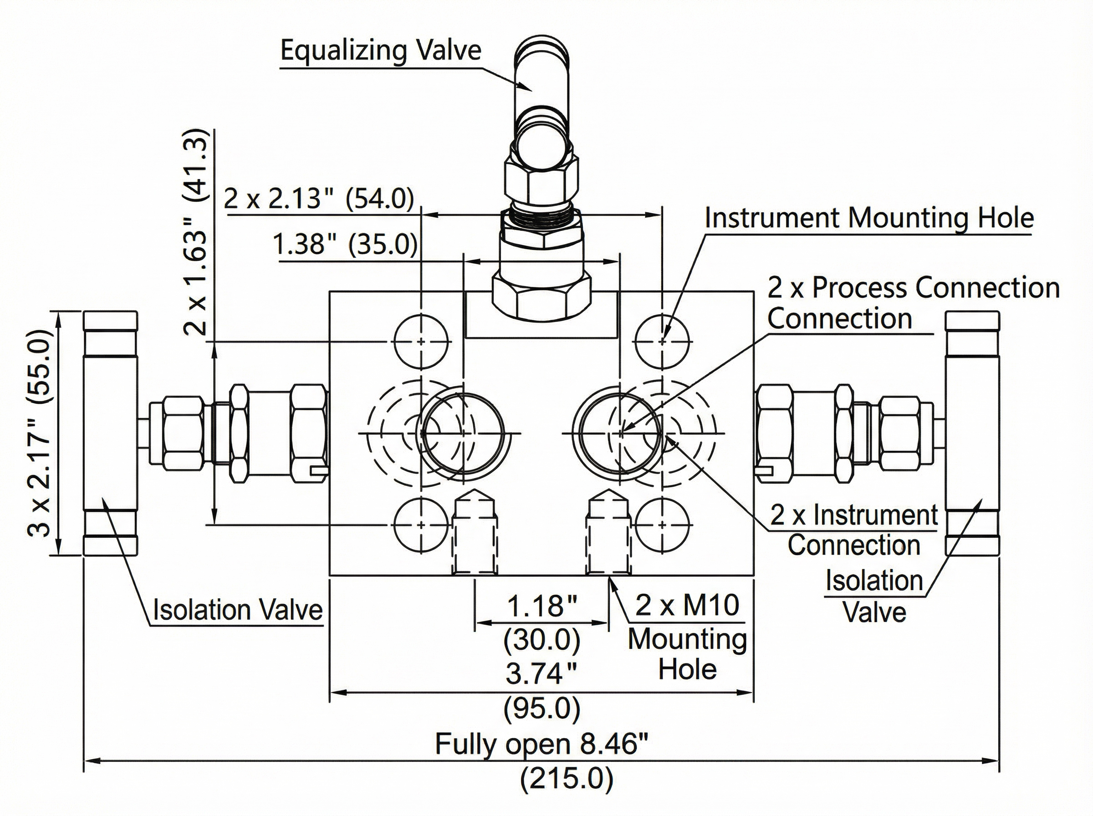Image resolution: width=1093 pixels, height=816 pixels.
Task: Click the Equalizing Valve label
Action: (x=380, y=51)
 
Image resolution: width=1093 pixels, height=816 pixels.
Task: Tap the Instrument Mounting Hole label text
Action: (x=869, y=218)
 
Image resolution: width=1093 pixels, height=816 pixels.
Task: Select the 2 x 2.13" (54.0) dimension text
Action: (x=319, y=199)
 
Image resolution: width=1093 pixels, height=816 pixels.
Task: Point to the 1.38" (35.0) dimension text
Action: (x=345, y=244)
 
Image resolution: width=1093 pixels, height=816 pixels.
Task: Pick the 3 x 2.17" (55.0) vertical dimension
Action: (x=40, y=432)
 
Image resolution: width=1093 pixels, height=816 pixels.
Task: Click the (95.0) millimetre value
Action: (x=542, y=709)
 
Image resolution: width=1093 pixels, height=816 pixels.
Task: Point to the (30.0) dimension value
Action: (x=542, y=640)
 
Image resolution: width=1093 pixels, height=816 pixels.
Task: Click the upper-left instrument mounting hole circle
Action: (x=421, y=341)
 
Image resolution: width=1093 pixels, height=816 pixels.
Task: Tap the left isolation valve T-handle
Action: (x=110, y=433)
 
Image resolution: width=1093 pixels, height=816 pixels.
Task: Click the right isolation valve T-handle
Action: (x=972, y=433)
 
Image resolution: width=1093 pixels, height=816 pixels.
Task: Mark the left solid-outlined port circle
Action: (x=463, y=433)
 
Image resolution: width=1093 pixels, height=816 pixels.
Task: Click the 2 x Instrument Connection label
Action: (x=853, y=515)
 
